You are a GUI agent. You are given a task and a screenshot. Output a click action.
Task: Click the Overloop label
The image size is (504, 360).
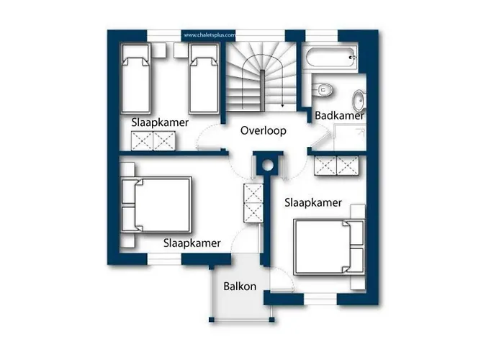pyautogui.click(x=264, y=130)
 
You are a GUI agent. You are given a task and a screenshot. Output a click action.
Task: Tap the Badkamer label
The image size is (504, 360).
pyautogui.click(x=339, y=115)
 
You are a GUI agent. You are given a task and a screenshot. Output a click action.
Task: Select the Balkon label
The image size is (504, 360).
pyautogui.click(x=240, y=286)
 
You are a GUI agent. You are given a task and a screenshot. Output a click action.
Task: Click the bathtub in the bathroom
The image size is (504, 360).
pyautogui.click(x=330, y=58)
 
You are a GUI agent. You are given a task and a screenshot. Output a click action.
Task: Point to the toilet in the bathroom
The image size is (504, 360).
pyautogui.click(x=323, y=89)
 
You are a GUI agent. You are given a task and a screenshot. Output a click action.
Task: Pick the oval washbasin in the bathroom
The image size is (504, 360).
pyautogui.click(x=359, y=100)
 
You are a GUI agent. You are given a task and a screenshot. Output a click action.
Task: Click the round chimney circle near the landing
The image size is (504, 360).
pyautogui.click(x=267, y=166)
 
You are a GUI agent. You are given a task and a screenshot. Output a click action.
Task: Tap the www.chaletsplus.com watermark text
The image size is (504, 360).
pyautogui.click(x=210, y=35)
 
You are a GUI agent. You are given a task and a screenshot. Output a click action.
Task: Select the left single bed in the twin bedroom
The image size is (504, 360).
pyautogui.click(x=136, y=78)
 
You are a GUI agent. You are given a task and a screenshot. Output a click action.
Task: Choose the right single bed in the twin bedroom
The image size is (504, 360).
pyautogui.click(x=204, y=78)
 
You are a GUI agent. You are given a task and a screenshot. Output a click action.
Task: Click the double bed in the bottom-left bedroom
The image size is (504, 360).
pyautogui.click(x=156, y=204)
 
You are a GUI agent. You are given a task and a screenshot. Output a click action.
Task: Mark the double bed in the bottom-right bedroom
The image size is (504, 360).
pyautogui.click(x=329, y=247)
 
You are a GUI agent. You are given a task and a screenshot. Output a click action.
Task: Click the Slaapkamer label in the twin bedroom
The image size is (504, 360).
pyautogui.click(x=160, y=122)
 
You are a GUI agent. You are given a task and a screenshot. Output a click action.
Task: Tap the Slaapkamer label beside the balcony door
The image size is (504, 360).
pyautogui.click(x=192, y=243)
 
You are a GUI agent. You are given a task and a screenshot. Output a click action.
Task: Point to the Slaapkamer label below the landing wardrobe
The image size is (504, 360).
pyautogui.click(x=313, y=202)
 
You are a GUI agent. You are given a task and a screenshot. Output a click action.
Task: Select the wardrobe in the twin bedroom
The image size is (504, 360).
pyautogui.click(x=153, y=141)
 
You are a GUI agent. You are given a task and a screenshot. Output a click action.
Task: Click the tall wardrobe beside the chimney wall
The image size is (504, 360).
pyautogui.click(x=253, y=203)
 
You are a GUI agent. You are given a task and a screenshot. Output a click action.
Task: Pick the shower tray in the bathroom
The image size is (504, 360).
pyautogui.click(x=350, y=138)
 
